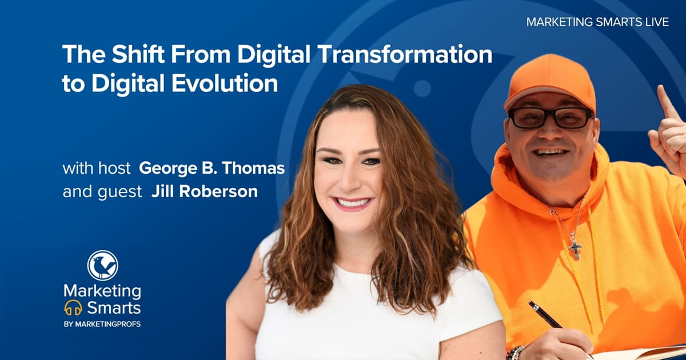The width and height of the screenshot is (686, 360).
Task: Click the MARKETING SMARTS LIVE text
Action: click(x=597, y=22)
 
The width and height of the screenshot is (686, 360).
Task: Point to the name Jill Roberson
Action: click(x=204, y=192)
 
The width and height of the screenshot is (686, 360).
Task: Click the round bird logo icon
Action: click(x=102, y=266)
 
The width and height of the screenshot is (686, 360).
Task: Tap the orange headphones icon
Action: click(x=73, y=308)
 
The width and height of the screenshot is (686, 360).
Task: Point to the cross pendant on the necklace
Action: click(x=575, y=248)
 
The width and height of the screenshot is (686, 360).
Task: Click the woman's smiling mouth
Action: click(x=353, y=203)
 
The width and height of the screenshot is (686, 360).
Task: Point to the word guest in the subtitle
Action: click(x=119, y=192)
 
